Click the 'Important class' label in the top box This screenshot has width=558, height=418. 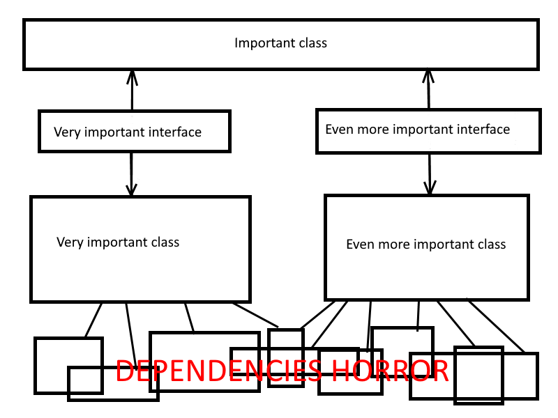pos(280,43)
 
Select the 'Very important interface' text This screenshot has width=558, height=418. pos(128,132)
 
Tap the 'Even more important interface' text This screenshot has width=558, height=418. pos(417,130)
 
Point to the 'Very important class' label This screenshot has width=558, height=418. pos(118,242)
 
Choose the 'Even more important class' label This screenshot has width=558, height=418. pos(426,245)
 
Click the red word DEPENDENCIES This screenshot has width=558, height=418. pos(219,371)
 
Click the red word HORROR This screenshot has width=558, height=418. pos(390,371)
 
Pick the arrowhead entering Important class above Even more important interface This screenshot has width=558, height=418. pos(428,76)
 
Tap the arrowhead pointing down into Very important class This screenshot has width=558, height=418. pos(131,189)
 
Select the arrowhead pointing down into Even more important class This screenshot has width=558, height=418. pos(430,188)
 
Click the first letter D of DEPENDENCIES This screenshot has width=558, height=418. pos(125,371)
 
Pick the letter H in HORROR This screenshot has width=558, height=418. pos(340,371)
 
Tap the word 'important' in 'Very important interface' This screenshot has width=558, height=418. pos(116,132)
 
